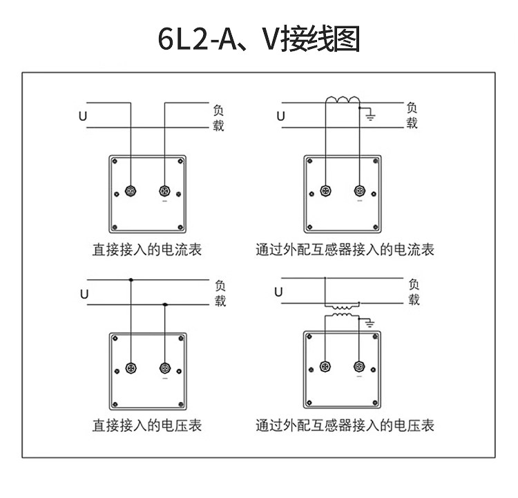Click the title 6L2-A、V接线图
259,39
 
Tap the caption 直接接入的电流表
147,250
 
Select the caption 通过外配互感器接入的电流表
345,250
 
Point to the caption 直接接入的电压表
147,426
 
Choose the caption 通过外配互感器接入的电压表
345,426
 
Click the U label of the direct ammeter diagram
83,116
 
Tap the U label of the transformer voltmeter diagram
278,292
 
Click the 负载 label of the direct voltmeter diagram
220,293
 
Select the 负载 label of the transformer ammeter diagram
412,115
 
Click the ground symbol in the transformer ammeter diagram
370,116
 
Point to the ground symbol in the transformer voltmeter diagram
370,323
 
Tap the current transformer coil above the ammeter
343,99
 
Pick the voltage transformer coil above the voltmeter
342,311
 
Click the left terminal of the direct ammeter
131,191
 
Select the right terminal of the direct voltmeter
165,368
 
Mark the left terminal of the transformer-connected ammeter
326,190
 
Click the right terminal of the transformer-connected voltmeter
359,366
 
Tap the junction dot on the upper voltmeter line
131,280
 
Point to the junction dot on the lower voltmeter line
165,305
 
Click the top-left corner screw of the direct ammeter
115,161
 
